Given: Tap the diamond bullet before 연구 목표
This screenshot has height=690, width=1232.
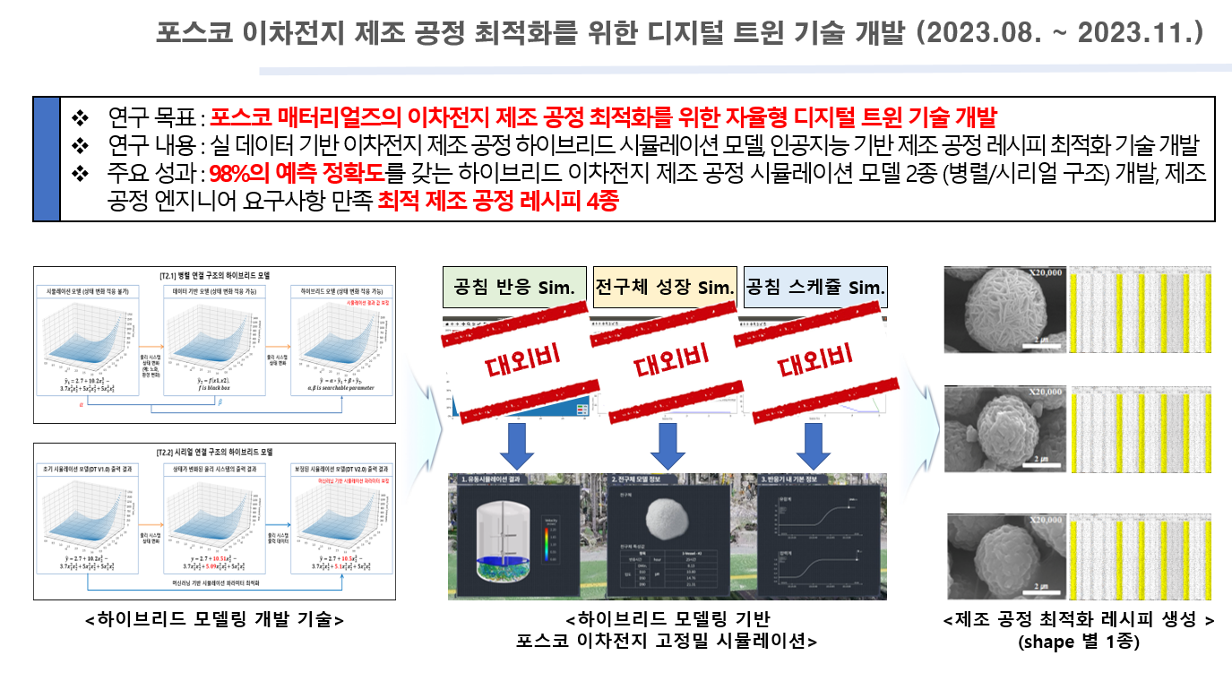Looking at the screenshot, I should [81, 118].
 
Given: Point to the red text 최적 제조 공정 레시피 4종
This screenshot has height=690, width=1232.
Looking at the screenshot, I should [497, 203].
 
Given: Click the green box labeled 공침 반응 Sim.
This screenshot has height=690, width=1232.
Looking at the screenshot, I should [513, 288].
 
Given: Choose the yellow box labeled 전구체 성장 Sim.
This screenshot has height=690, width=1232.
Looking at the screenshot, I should [664, 288].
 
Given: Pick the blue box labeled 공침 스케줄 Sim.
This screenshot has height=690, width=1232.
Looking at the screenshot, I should [815, 288].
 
